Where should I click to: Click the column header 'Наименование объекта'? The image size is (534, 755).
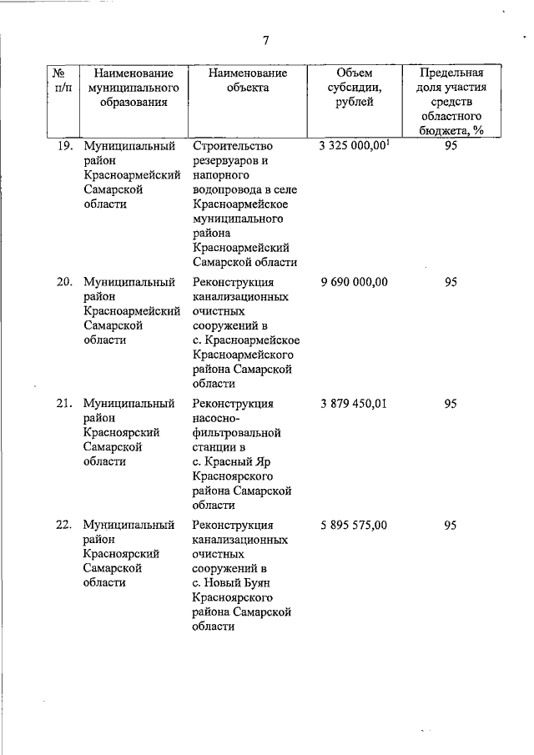pos(248,80)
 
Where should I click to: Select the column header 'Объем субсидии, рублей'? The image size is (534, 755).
pos(353,87)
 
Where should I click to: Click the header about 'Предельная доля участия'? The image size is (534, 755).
pos(451,101)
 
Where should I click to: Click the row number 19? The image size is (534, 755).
pos(64,145)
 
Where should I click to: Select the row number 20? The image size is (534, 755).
pos(64,282)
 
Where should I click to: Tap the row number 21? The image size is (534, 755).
pos(64,404)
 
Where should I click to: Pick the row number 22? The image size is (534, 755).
pos(64,526)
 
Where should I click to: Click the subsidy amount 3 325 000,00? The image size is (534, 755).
pos(353,145)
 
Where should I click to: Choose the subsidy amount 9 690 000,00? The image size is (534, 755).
pos(353,282)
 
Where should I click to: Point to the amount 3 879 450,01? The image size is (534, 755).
pos(353,404)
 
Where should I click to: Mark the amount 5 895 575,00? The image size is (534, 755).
pos(353,526)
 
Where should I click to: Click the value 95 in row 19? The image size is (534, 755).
pos(451,145)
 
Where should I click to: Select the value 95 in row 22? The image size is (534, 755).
pos(451,526)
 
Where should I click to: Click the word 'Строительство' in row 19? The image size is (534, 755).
pos(232,145)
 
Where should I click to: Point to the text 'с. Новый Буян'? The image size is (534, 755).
pos(233,583)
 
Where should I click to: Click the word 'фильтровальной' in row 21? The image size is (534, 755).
pos(236,433)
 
